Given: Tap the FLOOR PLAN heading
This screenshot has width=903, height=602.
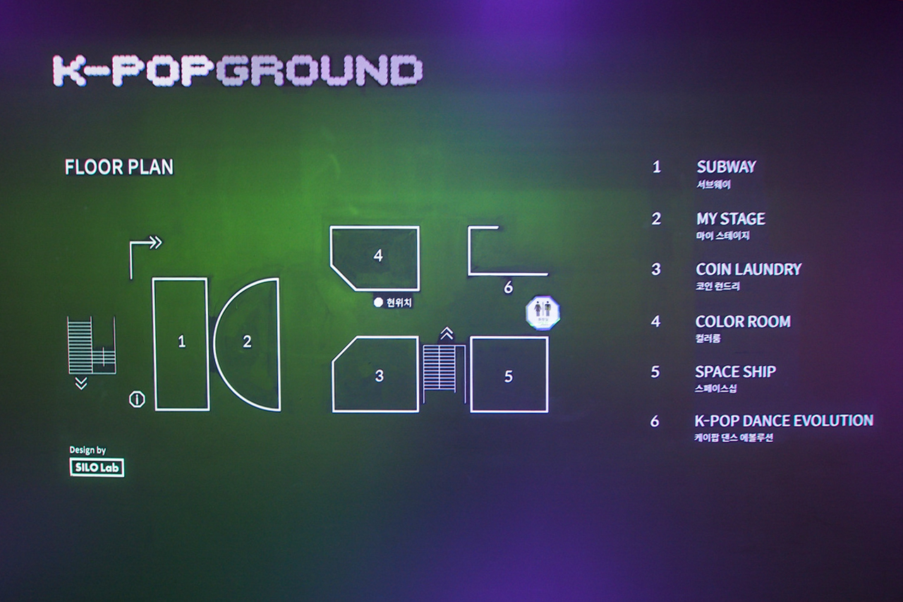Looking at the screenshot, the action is point(119,167).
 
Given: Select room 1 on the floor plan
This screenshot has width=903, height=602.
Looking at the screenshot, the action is point(181,343).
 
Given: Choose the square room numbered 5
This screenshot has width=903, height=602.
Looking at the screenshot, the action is point(509,375).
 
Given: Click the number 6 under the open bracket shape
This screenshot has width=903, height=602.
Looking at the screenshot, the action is point(508,288).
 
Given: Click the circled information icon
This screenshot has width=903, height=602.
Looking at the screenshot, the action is point(137,399).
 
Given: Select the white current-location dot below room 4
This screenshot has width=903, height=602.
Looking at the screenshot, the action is point(377,303).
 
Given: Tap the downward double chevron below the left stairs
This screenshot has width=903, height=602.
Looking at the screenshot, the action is point(81,383).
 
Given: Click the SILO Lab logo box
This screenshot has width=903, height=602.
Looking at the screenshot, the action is point(97,467).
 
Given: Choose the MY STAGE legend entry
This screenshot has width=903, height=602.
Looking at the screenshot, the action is point(730,219).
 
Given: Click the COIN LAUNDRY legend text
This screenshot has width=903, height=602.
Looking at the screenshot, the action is point(748,270).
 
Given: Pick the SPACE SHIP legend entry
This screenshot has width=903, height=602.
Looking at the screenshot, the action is point(735,372).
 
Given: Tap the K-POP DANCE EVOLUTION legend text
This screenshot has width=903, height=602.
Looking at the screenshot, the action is point(783,421).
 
